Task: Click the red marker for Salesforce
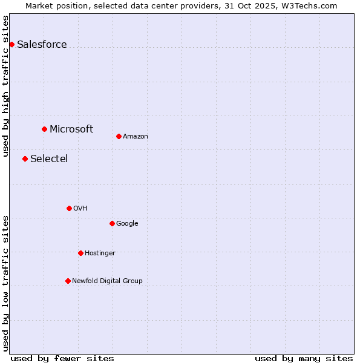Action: (x=11, y=44)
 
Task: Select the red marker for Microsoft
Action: (x=44, y=129)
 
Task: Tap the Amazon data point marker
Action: (x=119, y=136)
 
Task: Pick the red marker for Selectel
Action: (x=25, y=159)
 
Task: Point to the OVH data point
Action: (x=69, y=208)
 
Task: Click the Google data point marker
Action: (x=112, y=223)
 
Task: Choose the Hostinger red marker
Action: (x=80, y=253)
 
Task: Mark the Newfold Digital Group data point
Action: (x=68, y=281)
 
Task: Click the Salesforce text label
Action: (x=42, y=44)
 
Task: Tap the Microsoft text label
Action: (x=71, y=129)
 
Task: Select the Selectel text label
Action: (x=49, y=159)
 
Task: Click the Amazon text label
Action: (x=136, y=136)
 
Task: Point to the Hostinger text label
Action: (x=100, y=253)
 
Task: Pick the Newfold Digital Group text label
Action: (x=107, y=281)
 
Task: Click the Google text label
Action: (x=127, y=223)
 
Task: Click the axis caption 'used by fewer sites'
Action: (x=62, y=358)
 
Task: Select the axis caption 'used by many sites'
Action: (x=304, y=358)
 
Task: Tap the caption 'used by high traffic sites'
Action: (x=5, y=86)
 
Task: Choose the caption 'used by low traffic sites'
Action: (x=5, y=283)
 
